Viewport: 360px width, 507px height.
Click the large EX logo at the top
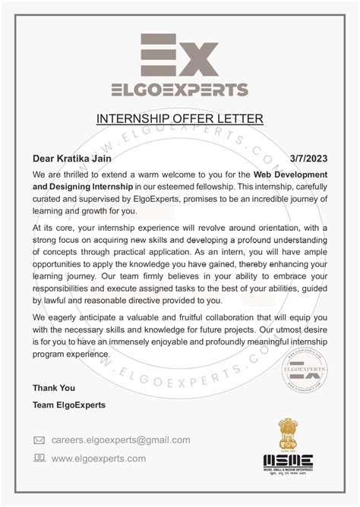[180, 55]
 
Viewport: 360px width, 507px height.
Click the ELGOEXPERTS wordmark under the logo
[180, 90]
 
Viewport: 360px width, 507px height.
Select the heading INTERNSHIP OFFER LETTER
[179, 118]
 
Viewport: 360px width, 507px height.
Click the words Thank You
[53, 388]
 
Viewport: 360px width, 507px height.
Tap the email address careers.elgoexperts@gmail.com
[121, 439]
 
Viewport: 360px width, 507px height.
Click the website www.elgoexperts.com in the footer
[99, 458]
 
